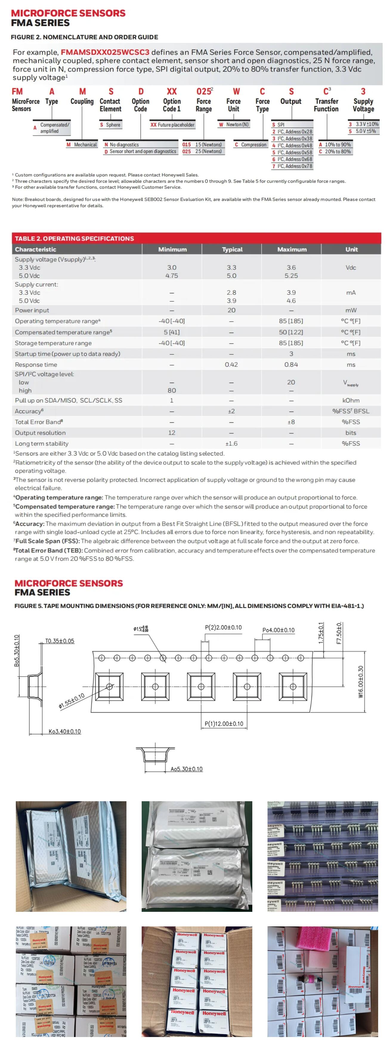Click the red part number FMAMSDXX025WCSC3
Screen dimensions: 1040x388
click(105, 52)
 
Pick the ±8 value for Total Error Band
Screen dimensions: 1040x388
click(291, 422)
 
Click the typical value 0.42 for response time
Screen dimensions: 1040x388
click(231, 365)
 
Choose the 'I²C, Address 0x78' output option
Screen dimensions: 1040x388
click(292, 166)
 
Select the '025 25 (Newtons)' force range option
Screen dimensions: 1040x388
click(202, 151)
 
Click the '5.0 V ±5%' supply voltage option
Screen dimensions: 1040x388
click(363, 131)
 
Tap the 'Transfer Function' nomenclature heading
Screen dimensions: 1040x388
click(327, 105)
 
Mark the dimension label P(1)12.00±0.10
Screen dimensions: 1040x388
click(224, 724)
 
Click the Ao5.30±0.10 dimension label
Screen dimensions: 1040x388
click(186, 769)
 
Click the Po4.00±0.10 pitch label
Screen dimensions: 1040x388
click(279, 630)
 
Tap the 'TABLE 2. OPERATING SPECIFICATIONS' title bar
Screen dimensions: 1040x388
click(75, 238)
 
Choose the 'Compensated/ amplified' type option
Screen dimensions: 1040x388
click(54, 128)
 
